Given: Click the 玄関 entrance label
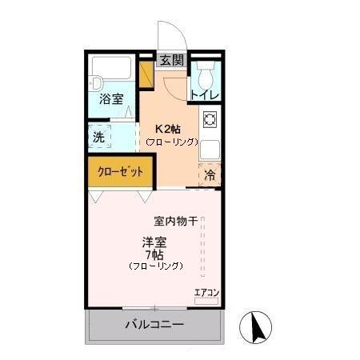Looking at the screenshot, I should (x=170, y=59).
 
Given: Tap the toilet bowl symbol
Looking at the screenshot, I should (x=205, y=78).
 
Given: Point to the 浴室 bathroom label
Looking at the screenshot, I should (x=111, y=99).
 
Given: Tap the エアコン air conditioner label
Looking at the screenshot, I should (x=206, y=291).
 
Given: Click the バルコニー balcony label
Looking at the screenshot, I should (x=154, y=326).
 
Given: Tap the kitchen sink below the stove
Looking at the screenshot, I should (x=210, y=149).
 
